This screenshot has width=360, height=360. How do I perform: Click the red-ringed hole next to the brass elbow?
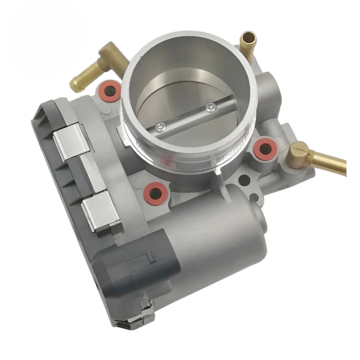(109, 90)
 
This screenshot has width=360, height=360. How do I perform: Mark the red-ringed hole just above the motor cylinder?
(157, 192)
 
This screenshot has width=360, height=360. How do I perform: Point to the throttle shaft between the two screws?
(184, 118)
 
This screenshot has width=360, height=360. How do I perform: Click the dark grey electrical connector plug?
(135, 265)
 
